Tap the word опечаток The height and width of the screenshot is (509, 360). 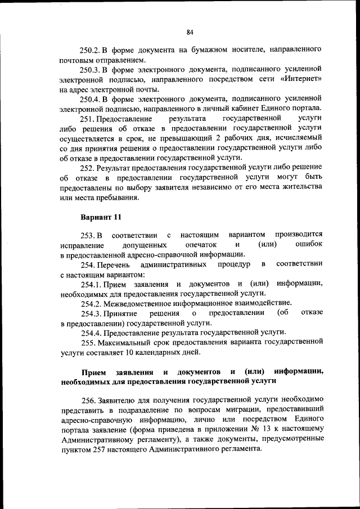[x=201, y=245]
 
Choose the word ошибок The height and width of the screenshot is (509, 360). [x=309, y=245]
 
